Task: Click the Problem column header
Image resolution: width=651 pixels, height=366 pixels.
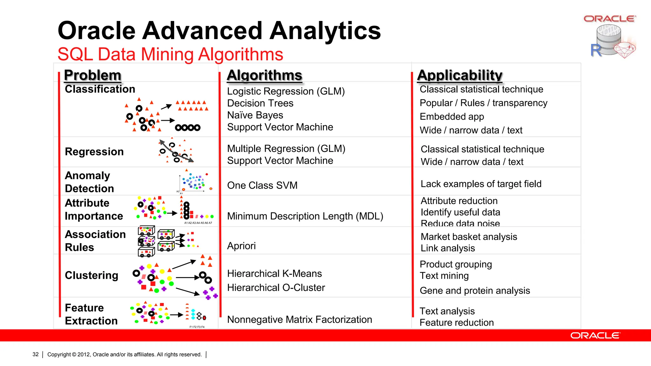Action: pos(93,75)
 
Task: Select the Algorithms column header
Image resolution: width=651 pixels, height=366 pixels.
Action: pos(264,75)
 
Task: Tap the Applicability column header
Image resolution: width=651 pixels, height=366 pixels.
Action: pos(460,75)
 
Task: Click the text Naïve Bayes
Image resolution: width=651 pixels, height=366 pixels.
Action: pos(255,115)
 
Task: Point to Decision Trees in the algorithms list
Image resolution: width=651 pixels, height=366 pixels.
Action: pos(260,103)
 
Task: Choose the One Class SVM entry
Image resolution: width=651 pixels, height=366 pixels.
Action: pos(262,185)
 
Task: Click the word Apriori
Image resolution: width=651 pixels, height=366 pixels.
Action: pos(241,246)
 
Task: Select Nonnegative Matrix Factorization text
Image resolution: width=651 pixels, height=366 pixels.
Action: pos(299,319)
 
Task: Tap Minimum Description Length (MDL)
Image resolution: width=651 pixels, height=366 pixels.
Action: pos(305,216)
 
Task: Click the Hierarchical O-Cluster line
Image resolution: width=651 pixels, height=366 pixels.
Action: pos(276,288)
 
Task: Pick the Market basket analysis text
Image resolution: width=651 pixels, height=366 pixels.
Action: pos(469,237)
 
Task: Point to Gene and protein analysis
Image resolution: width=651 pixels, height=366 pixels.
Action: pos(475,290)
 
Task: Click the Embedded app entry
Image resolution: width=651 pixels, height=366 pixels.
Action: pos(452,117)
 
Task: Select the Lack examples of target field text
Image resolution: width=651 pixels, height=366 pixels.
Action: pos(481,184)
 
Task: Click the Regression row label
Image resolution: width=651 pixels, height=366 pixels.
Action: pos(94,152)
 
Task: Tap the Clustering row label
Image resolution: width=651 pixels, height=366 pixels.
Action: pos(92,275)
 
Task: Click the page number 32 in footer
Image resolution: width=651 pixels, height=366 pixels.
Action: pos(36,354)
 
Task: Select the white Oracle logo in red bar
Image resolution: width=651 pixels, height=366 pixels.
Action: pos(595,335)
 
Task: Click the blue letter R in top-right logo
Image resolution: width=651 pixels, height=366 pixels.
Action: pos(596,50)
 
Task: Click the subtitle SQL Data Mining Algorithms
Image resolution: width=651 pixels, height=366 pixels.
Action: pos(170,54)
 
